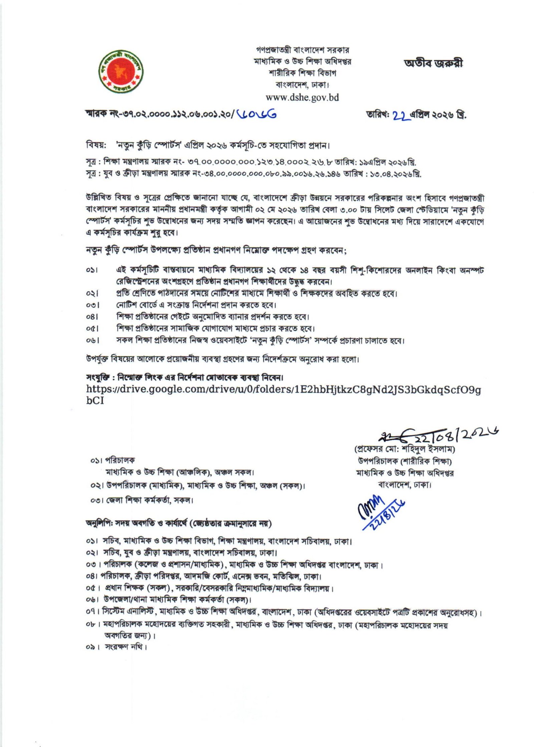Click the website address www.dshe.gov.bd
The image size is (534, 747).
(x=302, y=97)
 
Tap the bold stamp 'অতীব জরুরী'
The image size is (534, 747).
(x=433, y=63)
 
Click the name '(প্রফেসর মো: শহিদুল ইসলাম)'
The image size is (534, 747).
(x=405, y=449)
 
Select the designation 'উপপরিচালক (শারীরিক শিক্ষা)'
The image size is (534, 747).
(x=405, y=461)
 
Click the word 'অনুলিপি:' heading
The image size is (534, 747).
(x=99, y=524)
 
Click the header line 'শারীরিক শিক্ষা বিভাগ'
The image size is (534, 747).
(x=302, y=73)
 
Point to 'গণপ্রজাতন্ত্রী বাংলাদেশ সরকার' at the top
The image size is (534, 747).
(x=302, y=50)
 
